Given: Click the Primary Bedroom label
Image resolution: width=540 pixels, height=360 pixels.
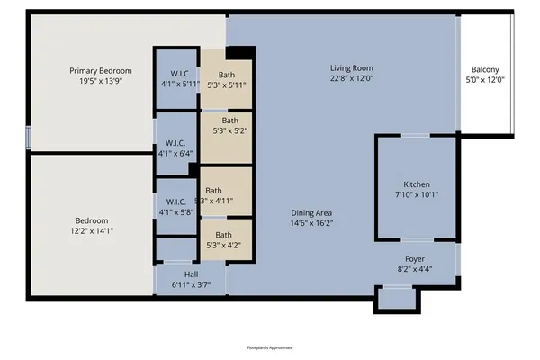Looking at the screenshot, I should [x=101, y=70].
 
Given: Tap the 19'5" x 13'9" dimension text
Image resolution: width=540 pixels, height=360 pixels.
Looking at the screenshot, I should [x=101, y=80].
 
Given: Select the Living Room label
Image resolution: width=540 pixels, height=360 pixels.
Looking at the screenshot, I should [x=350, y=67].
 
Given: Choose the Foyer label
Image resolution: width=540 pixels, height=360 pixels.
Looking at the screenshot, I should [x=415, y=257].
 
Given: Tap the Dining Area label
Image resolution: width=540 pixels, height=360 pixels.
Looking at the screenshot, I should [x=309, y=212].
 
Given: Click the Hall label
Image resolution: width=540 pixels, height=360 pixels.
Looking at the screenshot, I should [x=191, y=274].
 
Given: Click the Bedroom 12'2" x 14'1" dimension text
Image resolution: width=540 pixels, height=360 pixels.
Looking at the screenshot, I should [x=92, y=230].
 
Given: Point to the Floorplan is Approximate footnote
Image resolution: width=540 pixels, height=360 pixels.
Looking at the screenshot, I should [x=269, y=346].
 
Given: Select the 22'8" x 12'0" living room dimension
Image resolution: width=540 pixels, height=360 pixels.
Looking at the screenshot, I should [x=350, y=78].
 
